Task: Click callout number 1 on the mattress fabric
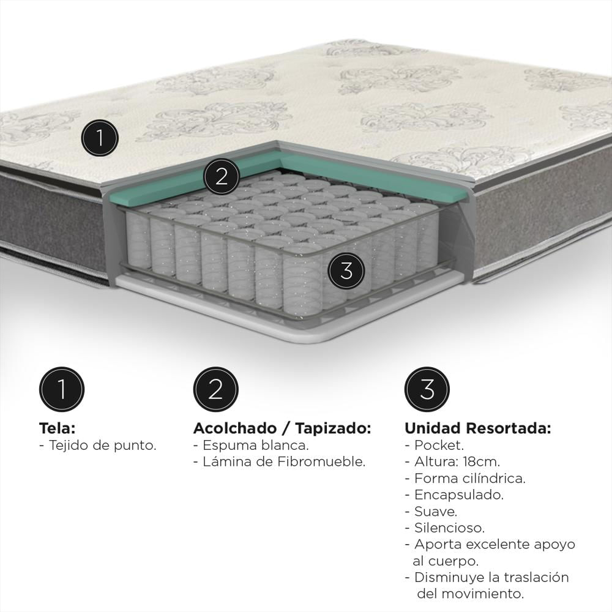pyautogui.click(x=100, y=138)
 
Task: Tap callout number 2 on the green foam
pyautogui.click(x=222, y=176)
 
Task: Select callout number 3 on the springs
pyautogui.click(x=346, y=271)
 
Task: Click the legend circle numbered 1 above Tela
pyautogui.click(x=62, y=389)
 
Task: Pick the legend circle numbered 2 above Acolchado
pyautogui.click(x=215, y=389)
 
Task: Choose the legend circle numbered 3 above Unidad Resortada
pyautogui.click(x=427, y=389)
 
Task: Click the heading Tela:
pyautogui.click(x=57, y=428)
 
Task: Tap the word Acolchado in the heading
pyautogui.click(x=235, y=428)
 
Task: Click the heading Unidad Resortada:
pyautogui.click(x=478, y=428)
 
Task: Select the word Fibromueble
pyautogui.click(x=322, y=461)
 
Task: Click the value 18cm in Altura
pyautogui.click(x=481, y=461)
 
